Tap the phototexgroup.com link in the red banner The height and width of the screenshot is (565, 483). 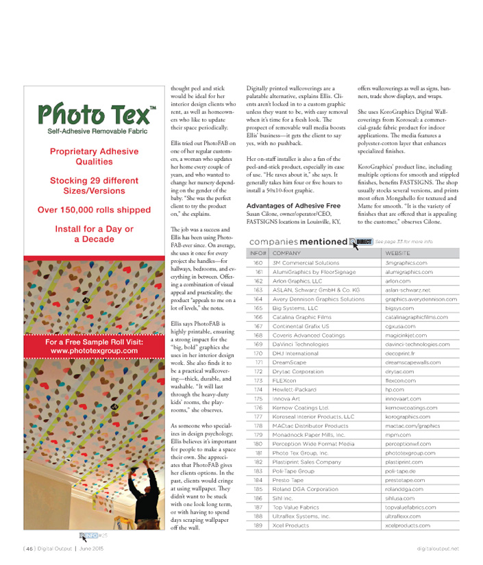[x=94, y=351]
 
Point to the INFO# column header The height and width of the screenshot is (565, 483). [x=256, y=253]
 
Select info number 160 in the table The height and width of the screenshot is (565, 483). [x=258, y=262]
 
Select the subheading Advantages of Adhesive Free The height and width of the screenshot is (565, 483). [x=293, y=205]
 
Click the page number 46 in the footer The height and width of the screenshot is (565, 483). [x=29, y=548]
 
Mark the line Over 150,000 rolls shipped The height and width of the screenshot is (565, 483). [x=94, y=210]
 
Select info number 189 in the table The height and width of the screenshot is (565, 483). [x=258, y=525]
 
